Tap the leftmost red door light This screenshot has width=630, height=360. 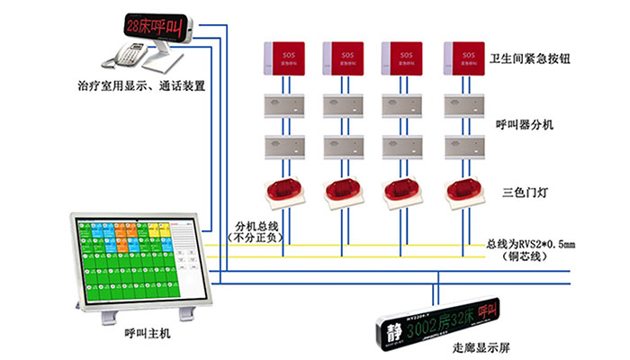(x=284, y=190)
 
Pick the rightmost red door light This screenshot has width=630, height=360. (x=465, y=190)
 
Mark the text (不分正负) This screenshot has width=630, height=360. (x=253, y=238)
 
